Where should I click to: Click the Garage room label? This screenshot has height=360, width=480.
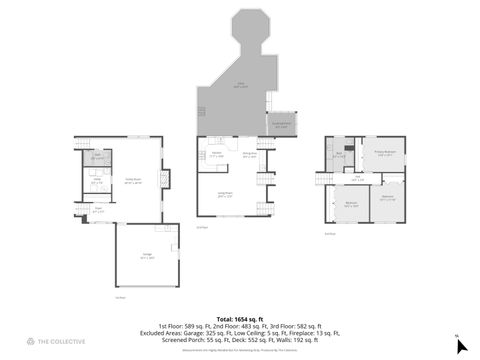pos(147,256)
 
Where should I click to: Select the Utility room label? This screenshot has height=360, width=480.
pos(97,183)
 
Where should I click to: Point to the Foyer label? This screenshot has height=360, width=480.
pos(98,210)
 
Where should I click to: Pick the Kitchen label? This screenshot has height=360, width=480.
pos(217,155)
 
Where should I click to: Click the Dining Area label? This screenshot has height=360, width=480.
pos(250,155)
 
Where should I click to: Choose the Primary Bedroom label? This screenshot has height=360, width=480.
pos(386,152)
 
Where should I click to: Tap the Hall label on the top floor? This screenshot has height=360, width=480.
pos(357,176)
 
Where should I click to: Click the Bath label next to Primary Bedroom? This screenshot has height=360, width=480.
pos(340,154)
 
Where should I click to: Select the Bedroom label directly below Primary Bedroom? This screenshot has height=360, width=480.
pos(387,196)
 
